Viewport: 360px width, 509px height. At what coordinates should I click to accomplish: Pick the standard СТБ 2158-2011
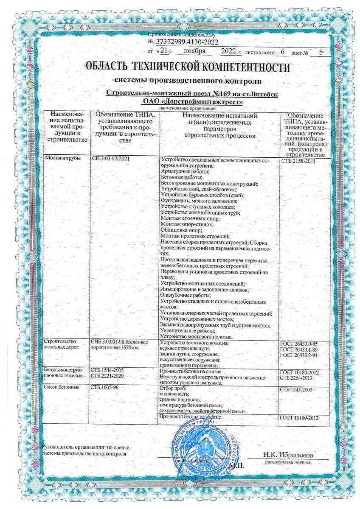(x=299, y=161)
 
